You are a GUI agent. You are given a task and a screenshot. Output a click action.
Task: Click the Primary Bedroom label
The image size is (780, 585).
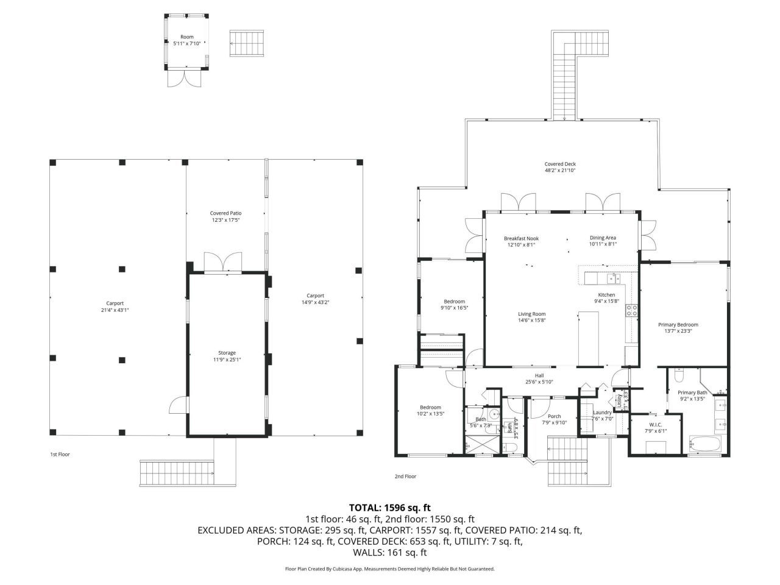[678, 325]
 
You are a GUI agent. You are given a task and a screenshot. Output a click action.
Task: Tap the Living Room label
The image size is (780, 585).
[531, 314]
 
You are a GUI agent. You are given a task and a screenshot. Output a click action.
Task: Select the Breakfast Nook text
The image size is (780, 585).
[521, 238]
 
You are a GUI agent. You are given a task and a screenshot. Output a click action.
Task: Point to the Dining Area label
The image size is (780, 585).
[603, 238]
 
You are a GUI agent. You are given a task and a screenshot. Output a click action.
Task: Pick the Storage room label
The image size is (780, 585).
[227, 353]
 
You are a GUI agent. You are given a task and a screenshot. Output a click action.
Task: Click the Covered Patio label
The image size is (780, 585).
[225, 213]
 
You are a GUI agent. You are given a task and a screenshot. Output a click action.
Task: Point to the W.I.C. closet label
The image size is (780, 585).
[656, 425]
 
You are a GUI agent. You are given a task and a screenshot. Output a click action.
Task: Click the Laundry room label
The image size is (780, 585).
[602, 413]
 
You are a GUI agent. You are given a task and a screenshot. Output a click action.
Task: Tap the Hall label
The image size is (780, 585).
[539, 375]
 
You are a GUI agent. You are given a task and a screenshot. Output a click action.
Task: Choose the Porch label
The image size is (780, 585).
[554, 416]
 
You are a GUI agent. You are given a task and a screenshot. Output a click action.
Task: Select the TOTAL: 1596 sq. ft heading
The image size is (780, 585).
[389, 507]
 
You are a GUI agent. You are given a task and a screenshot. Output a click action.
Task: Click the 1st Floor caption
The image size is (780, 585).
[60, 454]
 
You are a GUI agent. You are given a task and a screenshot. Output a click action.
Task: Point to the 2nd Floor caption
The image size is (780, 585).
[405, 476]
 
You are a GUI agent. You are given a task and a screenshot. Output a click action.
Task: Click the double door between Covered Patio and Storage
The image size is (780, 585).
[222, 262]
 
